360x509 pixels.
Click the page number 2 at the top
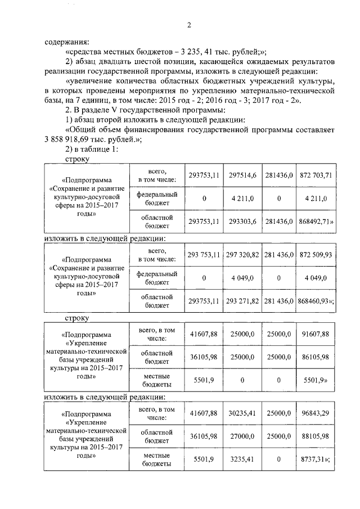tap(190, 25)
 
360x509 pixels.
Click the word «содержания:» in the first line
tap(67, 40)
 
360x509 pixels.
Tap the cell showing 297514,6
tap(242, 175)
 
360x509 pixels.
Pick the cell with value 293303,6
tap(242, 222)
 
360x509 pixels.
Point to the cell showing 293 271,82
tap(242, 301)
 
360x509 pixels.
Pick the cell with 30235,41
tap(242, 413)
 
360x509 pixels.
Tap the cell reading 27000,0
tap(242, 436)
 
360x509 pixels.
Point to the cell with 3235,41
tap(242, 459)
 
